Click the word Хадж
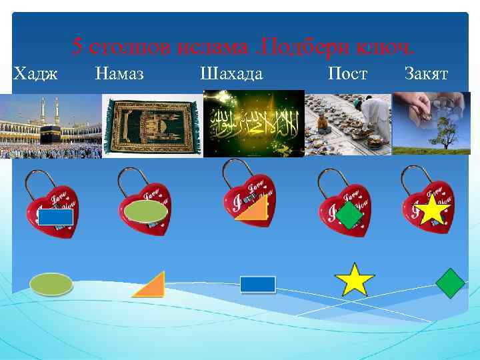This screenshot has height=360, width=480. click(35, 73)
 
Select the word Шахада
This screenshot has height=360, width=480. click(231, 73)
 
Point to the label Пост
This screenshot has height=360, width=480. click(347, 73)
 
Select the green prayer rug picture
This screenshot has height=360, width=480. click(152, 125)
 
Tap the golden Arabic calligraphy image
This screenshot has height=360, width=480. click(253, 125)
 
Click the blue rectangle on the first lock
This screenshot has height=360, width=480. click(55, 217)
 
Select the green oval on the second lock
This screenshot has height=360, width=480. click(146, 211)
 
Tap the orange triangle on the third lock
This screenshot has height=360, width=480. click(254, 207)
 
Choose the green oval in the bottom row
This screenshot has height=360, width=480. click(51, 284)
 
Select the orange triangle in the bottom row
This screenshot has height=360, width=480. click(152, 286)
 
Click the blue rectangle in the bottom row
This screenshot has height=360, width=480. click(257, 285)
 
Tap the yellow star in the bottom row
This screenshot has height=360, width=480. click(355, 280)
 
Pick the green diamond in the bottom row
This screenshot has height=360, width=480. click(450, 283)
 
